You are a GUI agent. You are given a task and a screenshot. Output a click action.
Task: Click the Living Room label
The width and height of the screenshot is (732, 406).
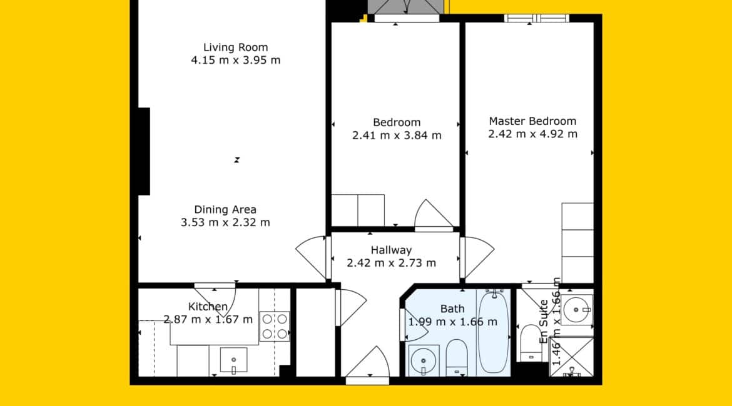pos(235,47)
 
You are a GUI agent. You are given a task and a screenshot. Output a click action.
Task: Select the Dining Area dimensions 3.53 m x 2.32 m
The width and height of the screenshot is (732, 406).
pos(225,222)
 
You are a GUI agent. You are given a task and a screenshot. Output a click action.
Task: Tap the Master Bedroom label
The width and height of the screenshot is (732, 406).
pos(532,121)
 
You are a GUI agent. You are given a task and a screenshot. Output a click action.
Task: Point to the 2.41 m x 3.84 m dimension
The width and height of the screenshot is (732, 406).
pos(397,135)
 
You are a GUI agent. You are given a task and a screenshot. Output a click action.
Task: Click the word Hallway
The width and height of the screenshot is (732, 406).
pos(391,250)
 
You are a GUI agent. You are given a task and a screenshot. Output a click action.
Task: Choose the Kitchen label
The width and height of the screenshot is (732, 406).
pos(208,306)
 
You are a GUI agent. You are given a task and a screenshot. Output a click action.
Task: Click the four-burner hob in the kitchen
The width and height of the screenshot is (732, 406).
pos(275,326)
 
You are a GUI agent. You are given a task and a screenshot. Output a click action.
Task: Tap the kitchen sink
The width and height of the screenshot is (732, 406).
pos(233,360)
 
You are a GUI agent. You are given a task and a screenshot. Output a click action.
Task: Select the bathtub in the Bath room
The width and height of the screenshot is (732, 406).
pos(494,332)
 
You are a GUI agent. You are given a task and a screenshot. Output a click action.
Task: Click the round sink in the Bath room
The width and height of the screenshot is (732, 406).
pos(424,360)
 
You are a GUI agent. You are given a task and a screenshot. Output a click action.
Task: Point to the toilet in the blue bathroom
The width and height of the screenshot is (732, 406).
pos(457,357)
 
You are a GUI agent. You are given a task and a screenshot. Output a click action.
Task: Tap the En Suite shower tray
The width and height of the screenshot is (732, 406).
pos(571,357)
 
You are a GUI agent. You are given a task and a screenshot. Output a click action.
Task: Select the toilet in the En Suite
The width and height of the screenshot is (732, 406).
pos(530,343)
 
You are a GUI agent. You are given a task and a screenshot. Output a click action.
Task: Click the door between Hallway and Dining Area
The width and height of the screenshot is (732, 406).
pos(312,257)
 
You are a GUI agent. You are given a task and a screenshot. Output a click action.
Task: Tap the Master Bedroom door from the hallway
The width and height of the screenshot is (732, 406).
pos(477,257)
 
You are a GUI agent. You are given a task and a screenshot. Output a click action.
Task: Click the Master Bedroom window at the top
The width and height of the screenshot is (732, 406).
pos(536,18)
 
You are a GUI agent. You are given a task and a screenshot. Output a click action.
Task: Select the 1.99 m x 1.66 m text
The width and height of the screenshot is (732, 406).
pos(453,322)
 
